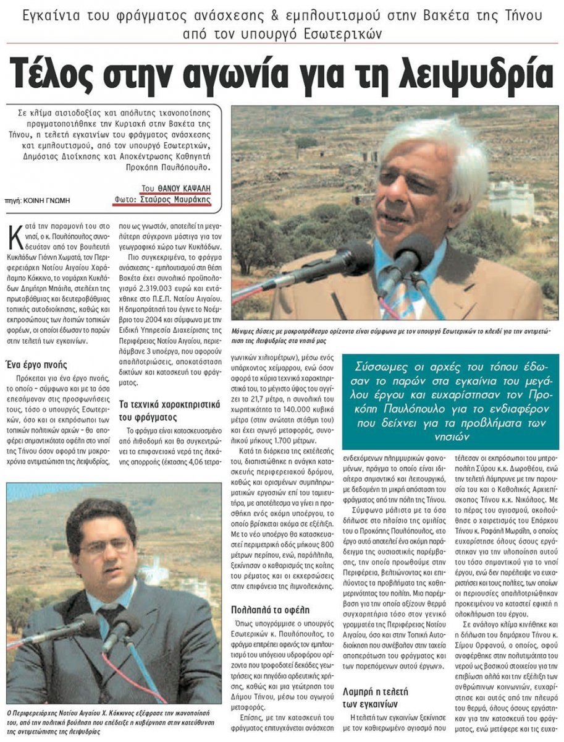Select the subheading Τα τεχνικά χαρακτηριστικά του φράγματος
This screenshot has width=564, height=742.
pos(170,411)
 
